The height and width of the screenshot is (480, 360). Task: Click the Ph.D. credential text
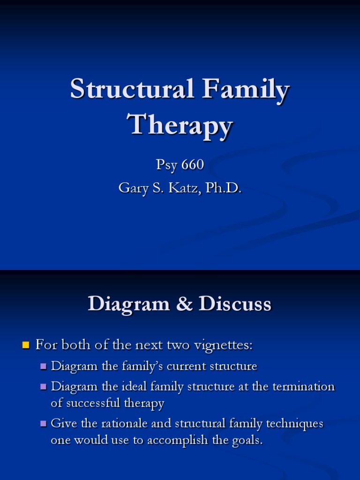click(221, 188)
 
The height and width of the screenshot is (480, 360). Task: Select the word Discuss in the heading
click(235, 304)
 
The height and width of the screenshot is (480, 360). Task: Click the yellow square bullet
click(26, 346)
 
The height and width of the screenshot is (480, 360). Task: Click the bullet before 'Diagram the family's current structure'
click(44, 366)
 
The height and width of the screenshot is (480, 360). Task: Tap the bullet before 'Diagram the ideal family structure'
click(44, 387)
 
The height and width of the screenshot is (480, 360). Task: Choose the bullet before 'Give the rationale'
click(44, 424)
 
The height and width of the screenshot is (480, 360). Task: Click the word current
click(189, 366)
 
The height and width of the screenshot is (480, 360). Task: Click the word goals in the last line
click(246, 441)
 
